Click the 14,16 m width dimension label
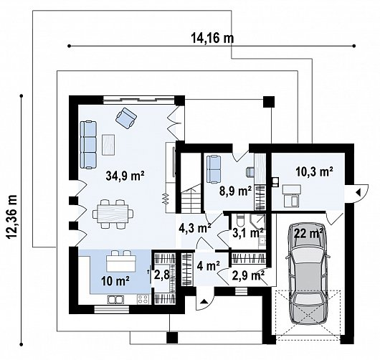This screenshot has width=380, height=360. coord(212,37)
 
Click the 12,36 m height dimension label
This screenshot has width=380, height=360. coord(12,217)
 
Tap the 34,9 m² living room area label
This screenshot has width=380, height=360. coord(125,176)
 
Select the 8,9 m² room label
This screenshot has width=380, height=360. coord(235,191)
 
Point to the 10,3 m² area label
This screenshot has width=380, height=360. coord(314,172)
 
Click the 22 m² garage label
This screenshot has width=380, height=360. coord(308,233)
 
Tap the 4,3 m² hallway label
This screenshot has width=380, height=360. coord(195,228)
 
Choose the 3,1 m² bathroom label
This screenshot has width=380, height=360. coord(248,233)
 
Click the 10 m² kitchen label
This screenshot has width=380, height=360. coord(115,281)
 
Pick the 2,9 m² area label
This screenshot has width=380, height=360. coord(247,275)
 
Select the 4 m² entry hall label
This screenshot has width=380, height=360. coord(208,265)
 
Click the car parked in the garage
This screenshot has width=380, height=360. coord(308,273)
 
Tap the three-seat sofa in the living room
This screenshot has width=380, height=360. coord(88,145)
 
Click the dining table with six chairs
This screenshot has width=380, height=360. coord(113,214)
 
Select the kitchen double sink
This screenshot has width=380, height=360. coord(115,300)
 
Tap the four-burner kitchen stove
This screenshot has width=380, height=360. coord(143,299)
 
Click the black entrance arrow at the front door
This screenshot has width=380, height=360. coord(204,301)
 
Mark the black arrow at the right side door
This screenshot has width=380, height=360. coord(358,193)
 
